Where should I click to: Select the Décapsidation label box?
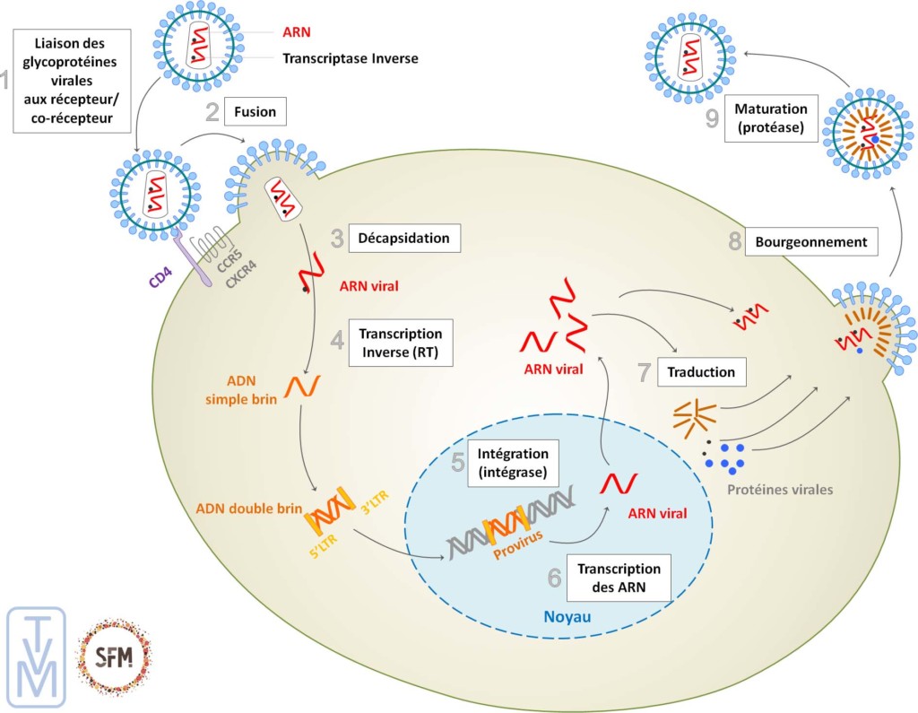pyautogui.click(x=403, y=238)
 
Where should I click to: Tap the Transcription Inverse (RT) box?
pyautogui.click(x=401, y=341)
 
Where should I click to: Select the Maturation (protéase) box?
pyautogui.click(x=771, y=120)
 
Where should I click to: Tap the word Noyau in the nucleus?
pyautogui.click(x=568, y=619)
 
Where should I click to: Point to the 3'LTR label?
pyautogui.click(x=374, y=498)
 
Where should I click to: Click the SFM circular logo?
pyautogui.click(x=115, y=656)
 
